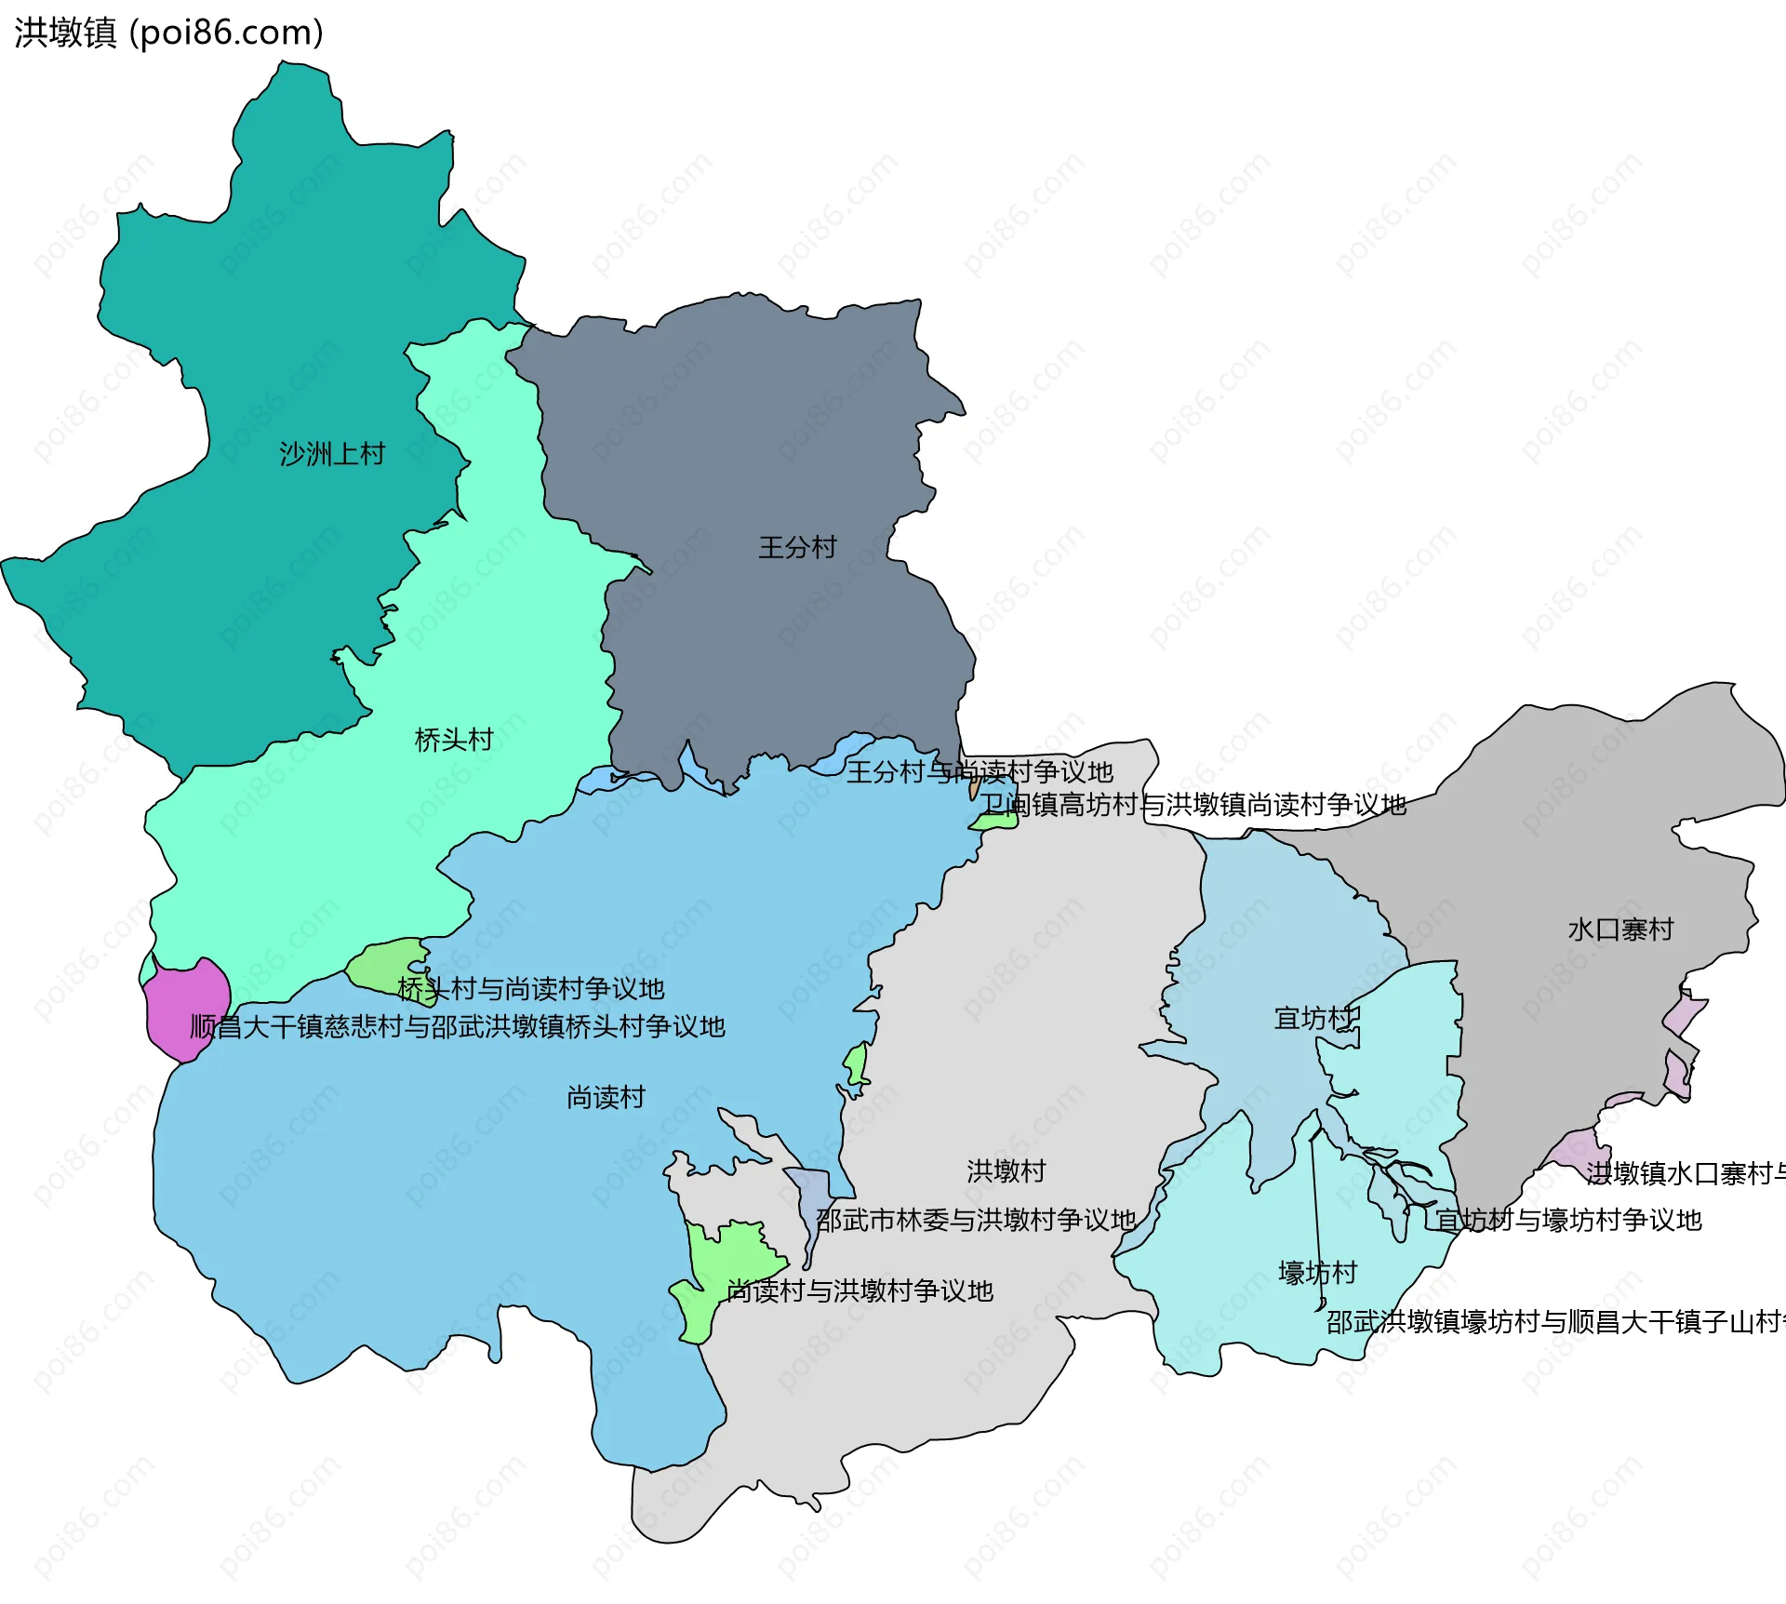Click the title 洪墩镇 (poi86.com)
tap(168, 33)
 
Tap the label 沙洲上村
tap(332, 454)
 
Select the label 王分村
tap(797, 547)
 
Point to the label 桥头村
tap(453, 740)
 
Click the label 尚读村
tap(606, 1098)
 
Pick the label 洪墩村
tap(1006, 1171)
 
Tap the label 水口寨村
tap(1620, 929)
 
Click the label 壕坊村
tap(1317, 1273)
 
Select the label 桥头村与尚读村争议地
tap(530, 988)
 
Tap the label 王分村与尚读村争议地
tap(979, 771)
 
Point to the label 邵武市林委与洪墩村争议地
tap(976, 1220)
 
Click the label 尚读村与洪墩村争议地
tap(860, 1291)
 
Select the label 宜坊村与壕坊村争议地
tap(1568, 1220)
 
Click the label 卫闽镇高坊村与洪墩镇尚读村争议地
tap(1193, 805)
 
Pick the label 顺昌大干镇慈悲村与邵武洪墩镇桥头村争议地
tap(457, 1027)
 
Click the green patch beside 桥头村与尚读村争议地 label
tap(386, 962)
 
